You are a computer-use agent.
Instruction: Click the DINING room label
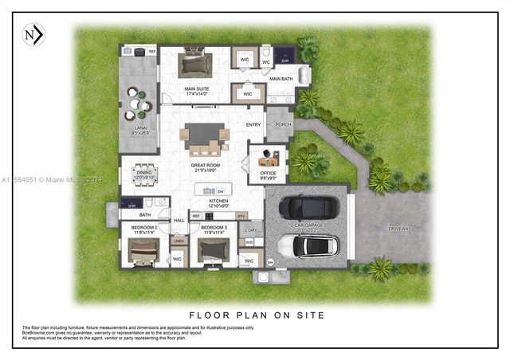point(144,172)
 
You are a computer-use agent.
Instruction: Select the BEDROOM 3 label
point(214,229)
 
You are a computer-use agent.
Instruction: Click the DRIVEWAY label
point(399,229)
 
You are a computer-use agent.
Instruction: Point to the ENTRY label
point(253,125)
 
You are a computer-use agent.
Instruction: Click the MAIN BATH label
point(281,79)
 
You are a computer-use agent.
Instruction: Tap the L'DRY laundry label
point(249,229)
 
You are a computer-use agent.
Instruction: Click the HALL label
point(178,221)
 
